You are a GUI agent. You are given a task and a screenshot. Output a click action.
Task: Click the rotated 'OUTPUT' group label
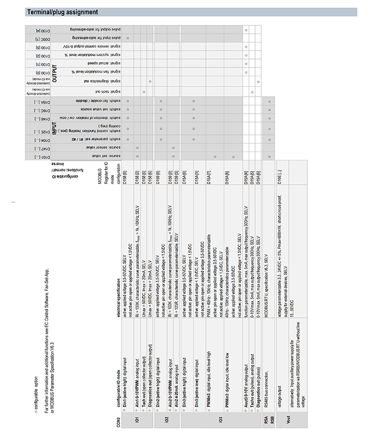[55, 73]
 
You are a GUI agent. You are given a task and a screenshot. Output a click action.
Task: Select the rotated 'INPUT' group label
[55, 129]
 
